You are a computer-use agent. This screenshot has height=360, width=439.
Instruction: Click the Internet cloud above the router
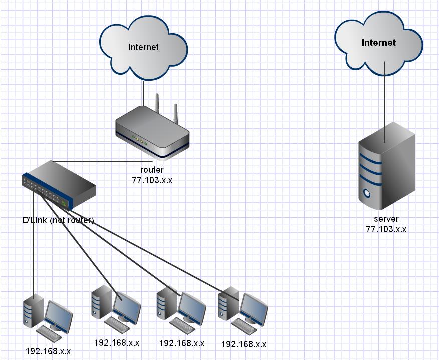[143, 47]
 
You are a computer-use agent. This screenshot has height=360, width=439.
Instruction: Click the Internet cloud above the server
[379, 43]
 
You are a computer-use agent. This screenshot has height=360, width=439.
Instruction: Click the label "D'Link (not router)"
[58, 220]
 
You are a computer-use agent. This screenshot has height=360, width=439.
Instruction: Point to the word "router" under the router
[152, 170]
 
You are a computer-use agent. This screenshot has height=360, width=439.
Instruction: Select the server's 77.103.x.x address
[386, 229]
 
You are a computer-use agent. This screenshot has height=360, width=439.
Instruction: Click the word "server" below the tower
[386, 219]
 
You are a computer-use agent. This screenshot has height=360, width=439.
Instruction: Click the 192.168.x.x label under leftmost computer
[48, 351]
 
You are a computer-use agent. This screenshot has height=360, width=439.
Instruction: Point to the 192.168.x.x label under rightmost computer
[244, 344]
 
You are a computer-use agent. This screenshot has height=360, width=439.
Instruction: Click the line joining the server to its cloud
[385, 95]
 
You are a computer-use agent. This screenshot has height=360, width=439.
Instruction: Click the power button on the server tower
[369, 192]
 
